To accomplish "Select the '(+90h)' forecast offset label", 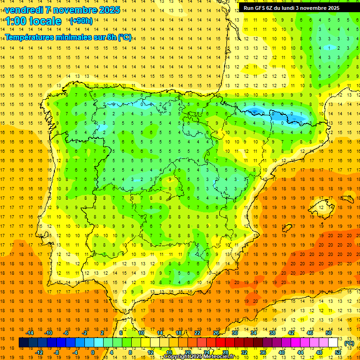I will coord(81,21).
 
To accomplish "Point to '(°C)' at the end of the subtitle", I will coord(124,37).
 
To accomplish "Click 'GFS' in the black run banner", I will coord(264,8).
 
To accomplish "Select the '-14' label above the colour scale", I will coord(30,333).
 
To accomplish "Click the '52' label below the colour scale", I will coord(338,352).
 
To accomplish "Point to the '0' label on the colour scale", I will coord(92,352).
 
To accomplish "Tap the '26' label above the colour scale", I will coord(216,333).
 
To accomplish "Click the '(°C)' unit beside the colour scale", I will coord(349,343).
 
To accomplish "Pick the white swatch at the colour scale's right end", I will coord(333,343).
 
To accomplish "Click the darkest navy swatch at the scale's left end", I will coord(23,343).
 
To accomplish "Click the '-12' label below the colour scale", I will coord(39,352).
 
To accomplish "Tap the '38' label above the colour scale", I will coord(272,333).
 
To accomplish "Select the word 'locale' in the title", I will coord(45,21).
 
